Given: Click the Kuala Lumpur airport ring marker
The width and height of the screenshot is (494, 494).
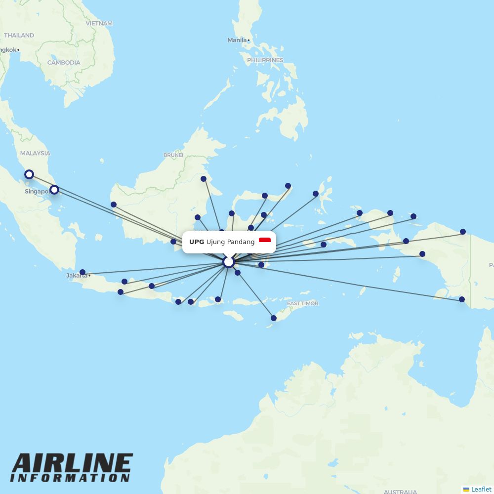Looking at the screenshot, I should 29,174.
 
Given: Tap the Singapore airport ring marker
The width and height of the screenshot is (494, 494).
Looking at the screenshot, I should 54,189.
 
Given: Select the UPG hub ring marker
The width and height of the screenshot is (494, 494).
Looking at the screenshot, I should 228,262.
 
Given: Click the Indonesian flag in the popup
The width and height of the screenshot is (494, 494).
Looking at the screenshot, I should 265,242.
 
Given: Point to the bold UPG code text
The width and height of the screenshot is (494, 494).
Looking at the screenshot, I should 197,242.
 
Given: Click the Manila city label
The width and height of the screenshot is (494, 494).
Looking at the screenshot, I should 237,40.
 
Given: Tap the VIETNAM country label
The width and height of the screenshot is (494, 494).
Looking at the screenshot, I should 99,23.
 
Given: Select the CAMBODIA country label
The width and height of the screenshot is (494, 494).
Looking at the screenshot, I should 64,63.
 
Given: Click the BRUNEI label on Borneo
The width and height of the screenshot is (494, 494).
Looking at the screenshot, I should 173,155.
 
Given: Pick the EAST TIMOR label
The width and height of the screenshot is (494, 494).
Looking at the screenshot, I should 302,303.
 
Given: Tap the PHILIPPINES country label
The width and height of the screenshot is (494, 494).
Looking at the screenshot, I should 265,60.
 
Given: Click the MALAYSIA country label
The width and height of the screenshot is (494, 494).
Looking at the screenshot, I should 35,153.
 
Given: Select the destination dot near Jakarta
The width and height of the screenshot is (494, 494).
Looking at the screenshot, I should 82,272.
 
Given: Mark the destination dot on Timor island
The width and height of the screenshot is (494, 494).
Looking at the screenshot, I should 274,318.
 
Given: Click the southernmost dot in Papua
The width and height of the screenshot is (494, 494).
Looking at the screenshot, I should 462,299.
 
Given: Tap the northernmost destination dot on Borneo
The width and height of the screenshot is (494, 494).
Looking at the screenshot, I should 204,179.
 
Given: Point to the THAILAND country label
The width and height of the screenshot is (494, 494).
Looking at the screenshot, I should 19,36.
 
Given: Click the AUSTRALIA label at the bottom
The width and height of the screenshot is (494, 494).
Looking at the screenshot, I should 400,492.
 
